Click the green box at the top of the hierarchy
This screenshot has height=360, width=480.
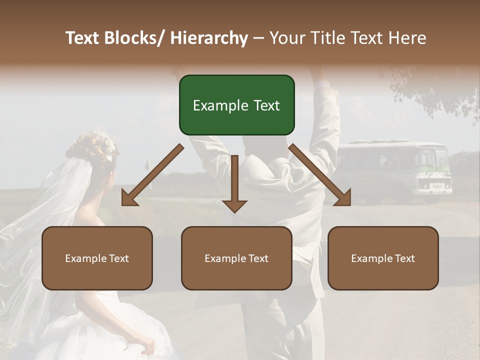coord(236,105)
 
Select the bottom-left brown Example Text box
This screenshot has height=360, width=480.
coord(97,258)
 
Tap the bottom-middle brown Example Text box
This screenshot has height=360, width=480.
coord(236,258)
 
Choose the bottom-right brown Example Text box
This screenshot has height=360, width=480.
coord(383,258)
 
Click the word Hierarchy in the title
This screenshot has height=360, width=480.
coord(208,38)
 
